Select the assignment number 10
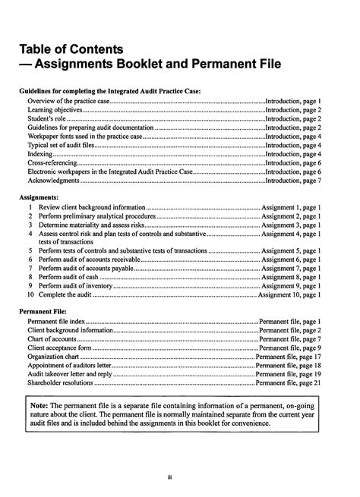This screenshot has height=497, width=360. click(30, 295)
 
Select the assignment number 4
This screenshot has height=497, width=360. click(30, 234)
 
